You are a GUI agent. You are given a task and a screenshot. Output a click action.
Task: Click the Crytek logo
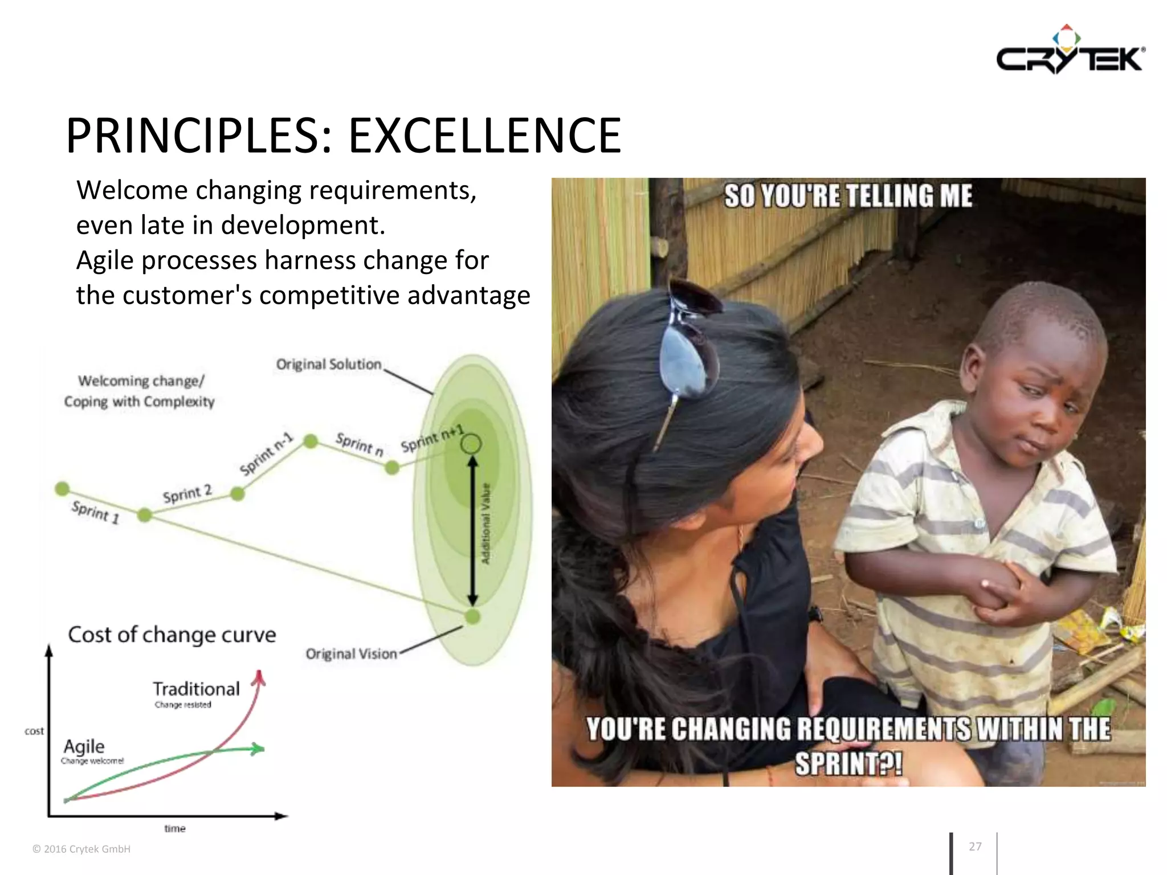click(x=1070, y=52)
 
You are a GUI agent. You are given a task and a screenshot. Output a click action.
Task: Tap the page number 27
click(x=975, y=847)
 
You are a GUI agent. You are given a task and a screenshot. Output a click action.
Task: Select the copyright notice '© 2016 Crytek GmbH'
click(x=81, y=849)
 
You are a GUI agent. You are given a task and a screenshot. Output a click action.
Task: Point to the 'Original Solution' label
click(x=329, y=365)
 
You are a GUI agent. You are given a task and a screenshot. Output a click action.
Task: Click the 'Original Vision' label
click(x=351, y=654)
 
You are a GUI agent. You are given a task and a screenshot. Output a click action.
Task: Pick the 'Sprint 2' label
click(x=187, y=493)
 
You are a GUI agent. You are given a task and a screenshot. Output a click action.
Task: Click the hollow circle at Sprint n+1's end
click(x=471, y=443)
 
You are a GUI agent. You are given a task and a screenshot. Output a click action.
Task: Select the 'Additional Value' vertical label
click(x=486, y=524)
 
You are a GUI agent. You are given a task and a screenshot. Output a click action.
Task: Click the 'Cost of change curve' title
click(x=172, y=635)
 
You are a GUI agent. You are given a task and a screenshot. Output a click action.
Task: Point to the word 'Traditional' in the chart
click(x=196, y=689)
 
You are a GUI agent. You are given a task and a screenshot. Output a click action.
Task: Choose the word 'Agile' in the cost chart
click(x=84, y=746)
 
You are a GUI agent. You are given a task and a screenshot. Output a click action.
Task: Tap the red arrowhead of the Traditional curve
click(x=260, y=677)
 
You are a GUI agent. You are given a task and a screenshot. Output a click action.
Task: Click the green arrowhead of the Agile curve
click(x=258, y=749)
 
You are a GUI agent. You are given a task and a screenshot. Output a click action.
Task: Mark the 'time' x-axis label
click(x=175, y=828)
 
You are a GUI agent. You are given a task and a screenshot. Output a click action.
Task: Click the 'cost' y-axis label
click(x=34, y=731)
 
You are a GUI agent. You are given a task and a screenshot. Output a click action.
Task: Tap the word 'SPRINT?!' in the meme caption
click(x=848, y=764)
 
